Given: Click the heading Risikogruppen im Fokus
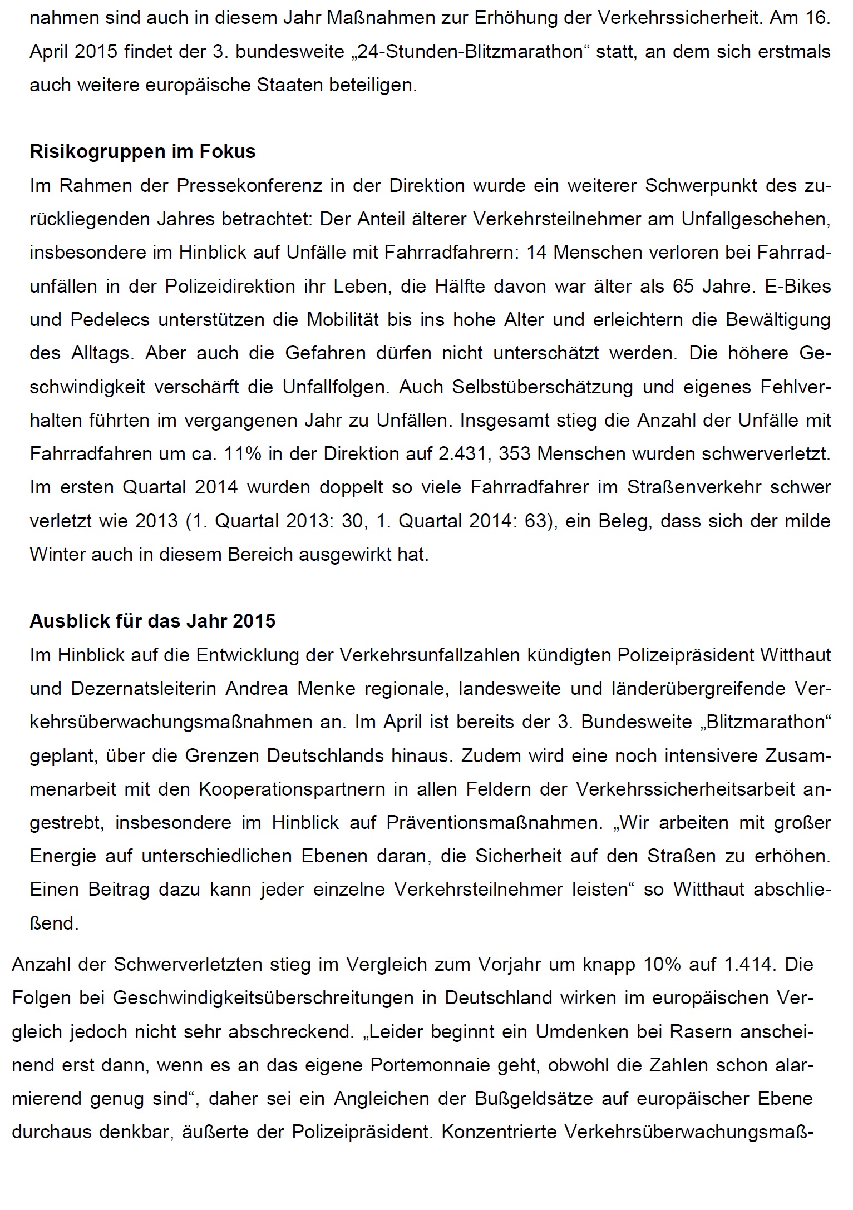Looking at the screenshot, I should click(142, 152).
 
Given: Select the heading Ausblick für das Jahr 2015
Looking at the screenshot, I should click(152, 621).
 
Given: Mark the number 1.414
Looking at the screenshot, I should click(750, 964).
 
